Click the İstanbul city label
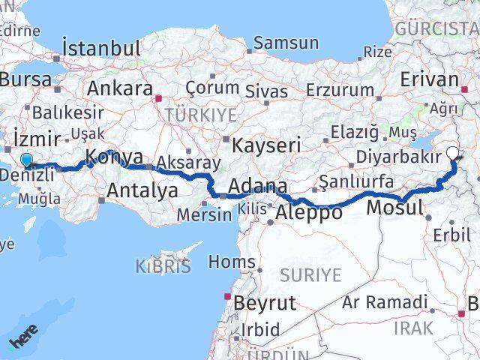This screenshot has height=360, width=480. (x=102, y=49)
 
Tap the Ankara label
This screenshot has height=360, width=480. (x=120, y=88)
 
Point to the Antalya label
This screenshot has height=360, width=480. (x=142, y=190)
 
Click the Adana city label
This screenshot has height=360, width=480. (x=257, y=186)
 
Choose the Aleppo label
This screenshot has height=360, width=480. (x=309, y=212)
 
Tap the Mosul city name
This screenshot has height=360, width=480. (x=397, y=207)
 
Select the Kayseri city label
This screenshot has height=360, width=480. (x=266, y=144)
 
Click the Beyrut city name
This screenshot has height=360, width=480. (x=265, y=304)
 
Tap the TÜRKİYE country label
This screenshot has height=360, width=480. (x=201, y=115)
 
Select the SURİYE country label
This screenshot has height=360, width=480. (x=310, y=275)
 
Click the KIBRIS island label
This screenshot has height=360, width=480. (x=163, y=265)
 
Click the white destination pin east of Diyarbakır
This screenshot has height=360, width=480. (x=454, y=154)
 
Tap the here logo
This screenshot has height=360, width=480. (x=23, y=340)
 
